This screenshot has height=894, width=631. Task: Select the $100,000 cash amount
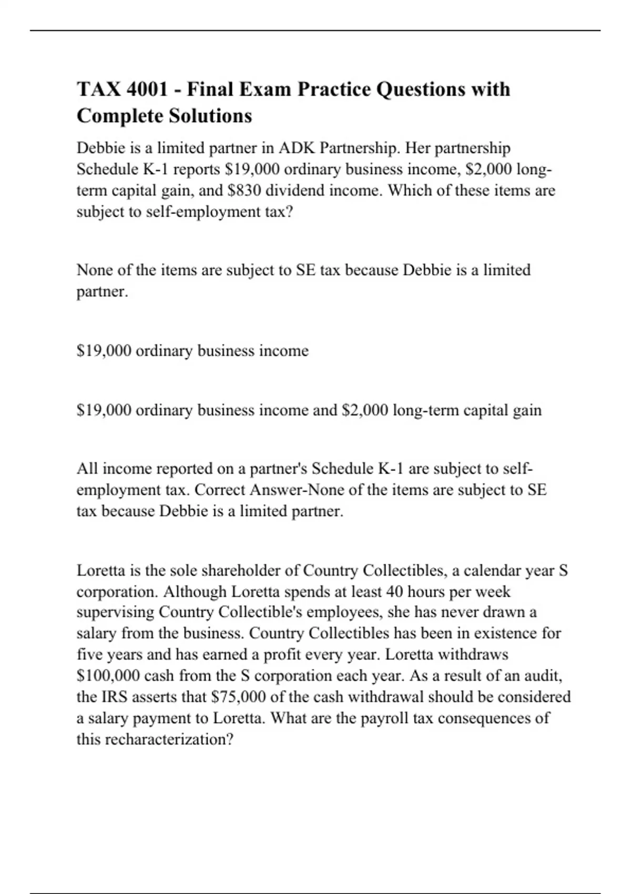108,676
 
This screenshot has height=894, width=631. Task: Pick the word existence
497,634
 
